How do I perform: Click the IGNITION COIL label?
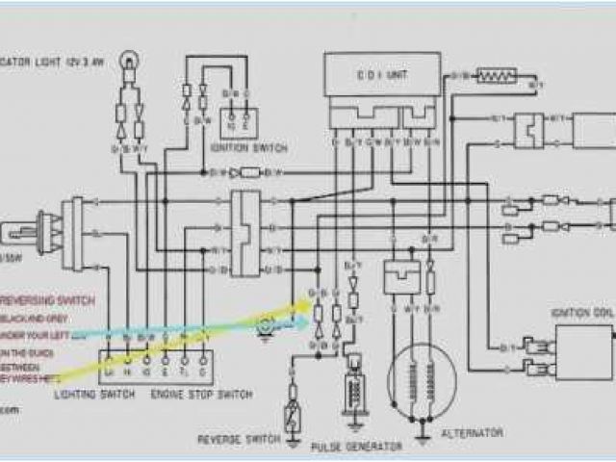pyautogui.click(x=579, y=313)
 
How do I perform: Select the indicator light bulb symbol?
pyautogui.click(x=128, y=64)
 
